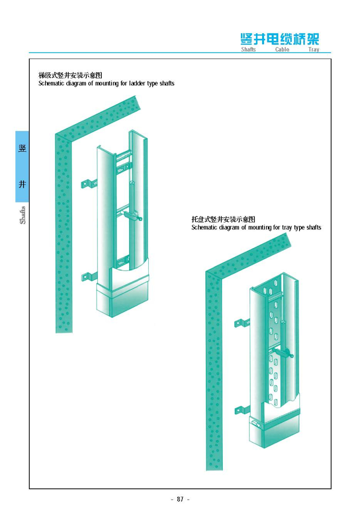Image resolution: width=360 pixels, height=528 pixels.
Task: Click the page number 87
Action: point(180,499)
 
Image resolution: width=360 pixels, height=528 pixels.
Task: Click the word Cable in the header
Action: point(282,49)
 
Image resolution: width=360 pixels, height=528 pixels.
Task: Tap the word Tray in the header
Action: point(313,49)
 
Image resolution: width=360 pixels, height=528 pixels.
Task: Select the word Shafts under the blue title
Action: point(248,49)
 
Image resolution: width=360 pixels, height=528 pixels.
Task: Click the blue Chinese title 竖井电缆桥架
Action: point(279,39)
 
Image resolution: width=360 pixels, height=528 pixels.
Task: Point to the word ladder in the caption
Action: point(137,83)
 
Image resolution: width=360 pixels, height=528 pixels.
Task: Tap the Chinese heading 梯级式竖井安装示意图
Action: point(70,75)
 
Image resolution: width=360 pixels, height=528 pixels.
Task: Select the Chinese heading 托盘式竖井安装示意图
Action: point(223,219)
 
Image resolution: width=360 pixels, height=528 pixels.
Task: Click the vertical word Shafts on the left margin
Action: point(23,215)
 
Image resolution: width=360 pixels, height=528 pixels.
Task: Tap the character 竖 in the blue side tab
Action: point(22,148)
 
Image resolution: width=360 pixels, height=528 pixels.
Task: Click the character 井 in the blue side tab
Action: point(22,184)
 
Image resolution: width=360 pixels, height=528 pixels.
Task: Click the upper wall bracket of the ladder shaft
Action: point(89,183)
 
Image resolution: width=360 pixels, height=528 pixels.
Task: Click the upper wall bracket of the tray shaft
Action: point(242,323)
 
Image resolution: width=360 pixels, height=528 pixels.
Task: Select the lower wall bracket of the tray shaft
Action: point(242,410)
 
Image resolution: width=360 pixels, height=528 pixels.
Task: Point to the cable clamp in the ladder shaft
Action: point(133,216)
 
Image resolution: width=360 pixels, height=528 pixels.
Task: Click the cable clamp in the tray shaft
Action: point(284,353)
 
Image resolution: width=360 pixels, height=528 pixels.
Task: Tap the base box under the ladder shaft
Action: point(122,299)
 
